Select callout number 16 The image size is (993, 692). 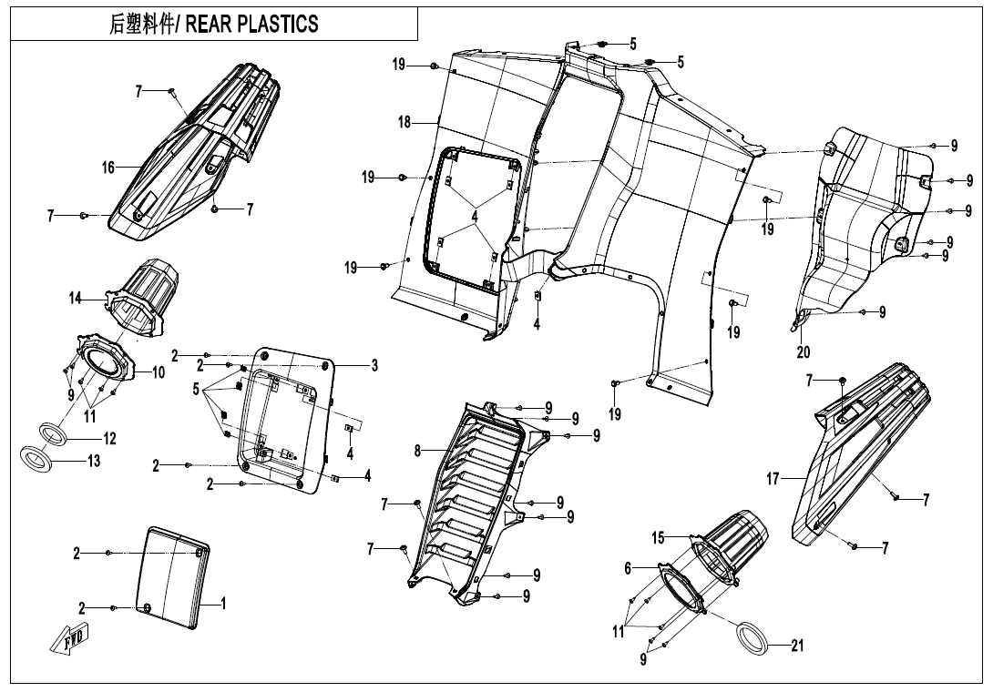107,168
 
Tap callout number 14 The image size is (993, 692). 76,298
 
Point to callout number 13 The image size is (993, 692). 94,462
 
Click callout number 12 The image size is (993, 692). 109,439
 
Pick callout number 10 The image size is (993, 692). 158,371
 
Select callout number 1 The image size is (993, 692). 224,603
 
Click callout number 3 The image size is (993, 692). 374,365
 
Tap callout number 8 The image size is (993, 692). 417,450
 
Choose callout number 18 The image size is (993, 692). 404,122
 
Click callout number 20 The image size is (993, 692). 803,352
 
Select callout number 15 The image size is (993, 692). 658,538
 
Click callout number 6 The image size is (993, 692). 628,567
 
